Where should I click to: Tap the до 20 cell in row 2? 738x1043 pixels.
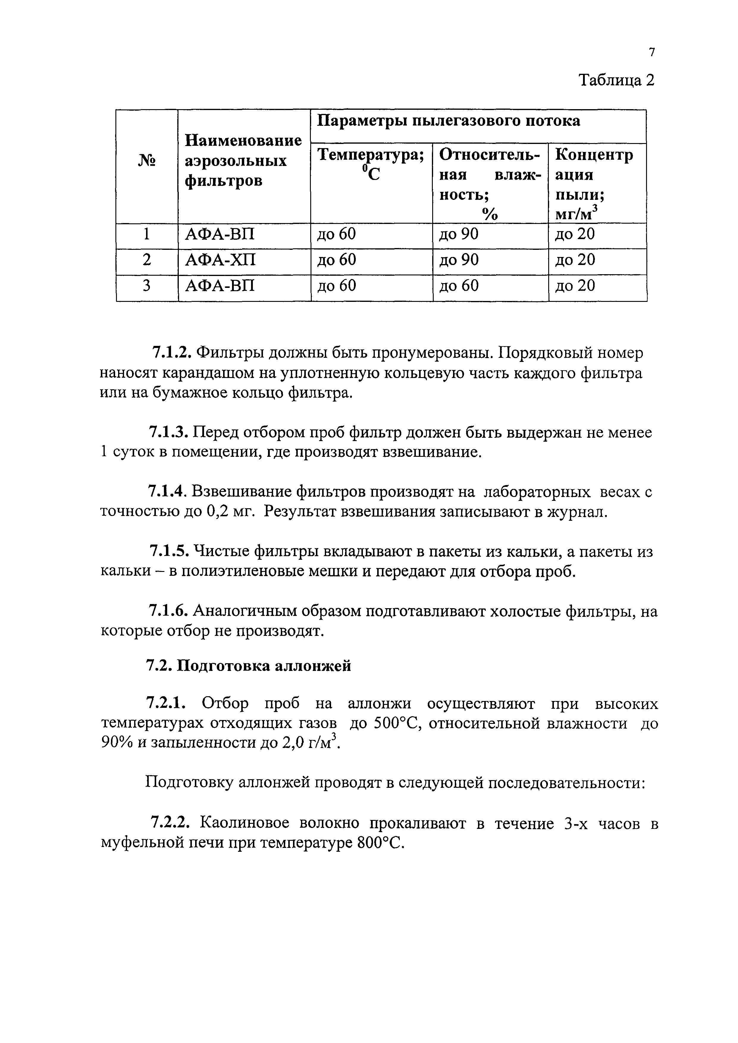[575, 260]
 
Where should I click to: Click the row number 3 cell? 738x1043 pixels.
[146, 286]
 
